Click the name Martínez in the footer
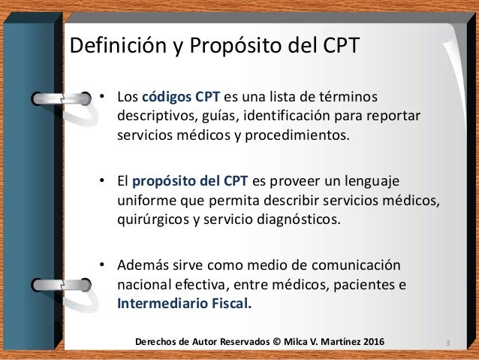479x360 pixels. pos(334,343)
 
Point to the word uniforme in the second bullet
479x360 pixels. pos(146,201)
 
